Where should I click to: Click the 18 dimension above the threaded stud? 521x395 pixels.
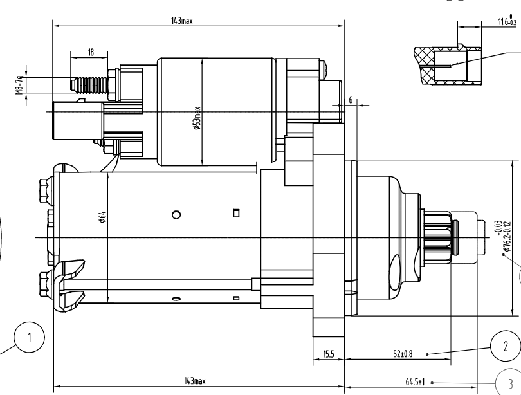[x=91, y=52]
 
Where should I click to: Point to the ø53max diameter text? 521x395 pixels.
[x=197, y=118]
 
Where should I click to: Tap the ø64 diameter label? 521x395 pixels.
[x=102, y=217]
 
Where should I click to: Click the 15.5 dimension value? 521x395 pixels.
[x=328, y=354]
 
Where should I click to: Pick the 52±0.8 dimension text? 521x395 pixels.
[x=403, y=354]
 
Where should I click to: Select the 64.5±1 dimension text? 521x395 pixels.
[x=415, y=382]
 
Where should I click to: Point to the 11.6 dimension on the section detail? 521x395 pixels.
[x=507, y=21]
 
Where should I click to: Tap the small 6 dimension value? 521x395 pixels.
[x=351, y=100]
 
